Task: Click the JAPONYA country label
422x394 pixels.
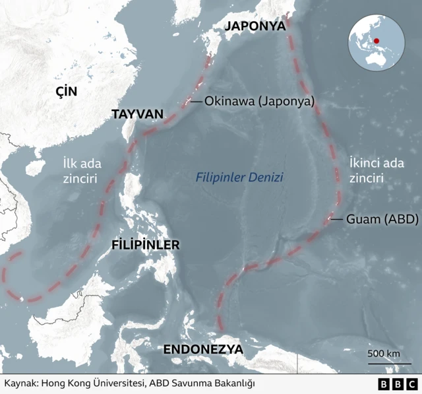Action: [x=255, y=26]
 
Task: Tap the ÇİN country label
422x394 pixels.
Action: [x=66, y=92]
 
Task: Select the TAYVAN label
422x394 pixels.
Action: [x=136, y=114]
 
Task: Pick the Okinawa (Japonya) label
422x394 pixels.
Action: [x=259, y=102]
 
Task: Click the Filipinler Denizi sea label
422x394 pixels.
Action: [x=239, y=178]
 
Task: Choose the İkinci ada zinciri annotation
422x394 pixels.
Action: [x=376, y=170]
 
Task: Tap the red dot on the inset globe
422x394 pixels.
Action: [x=376, y=41]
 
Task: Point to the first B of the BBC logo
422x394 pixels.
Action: [x=384, y=383]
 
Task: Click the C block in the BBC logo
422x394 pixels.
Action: [x=411, y=383]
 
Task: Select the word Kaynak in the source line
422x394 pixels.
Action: [x=20, y=383]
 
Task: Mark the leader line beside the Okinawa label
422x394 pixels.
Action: [x=195, y=102]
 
